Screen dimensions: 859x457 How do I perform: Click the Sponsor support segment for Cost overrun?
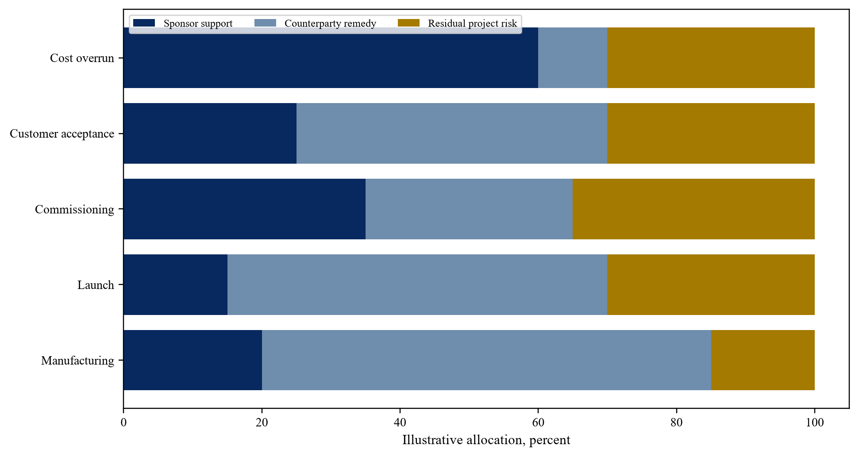[331, 58]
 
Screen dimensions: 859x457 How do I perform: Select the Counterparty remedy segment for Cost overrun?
[573, 58]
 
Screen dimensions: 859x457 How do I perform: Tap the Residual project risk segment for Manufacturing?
[763, 360]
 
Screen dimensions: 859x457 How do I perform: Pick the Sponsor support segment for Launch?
[175, 284]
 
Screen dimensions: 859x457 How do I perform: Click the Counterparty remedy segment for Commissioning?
[469, 209]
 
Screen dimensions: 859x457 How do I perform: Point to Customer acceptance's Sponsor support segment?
[210, 133]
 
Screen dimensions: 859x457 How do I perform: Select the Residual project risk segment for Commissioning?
[693, 209]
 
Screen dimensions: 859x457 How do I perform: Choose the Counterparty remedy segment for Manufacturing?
[486, 360]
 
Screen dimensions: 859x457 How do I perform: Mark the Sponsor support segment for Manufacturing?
[193, 360]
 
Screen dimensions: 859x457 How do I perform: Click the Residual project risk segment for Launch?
[711, 284]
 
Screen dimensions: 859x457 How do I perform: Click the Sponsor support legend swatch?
[144, 23]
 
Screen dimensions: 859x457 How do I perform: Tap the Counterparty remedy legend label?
[330, 23]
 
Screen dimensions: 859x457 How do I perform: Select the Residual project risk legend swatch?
[408, 23]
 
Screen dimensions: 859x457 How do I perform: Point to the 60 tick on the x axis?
[538, 410]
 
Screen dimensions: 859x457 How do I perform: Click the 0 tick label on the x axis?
[123, 423]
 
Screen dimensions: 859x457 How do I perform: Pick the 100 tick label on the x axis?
[815, 423]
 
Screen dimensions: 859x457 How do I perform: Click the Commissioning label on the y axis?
[74, 209]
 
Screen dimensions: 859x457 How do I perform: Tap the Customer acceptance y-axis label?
[62, 134]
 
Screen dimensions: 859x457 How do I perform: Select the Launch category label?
[96, 285]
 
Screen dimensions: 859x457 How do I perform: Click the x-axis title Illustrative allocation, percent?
[486, 440]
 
